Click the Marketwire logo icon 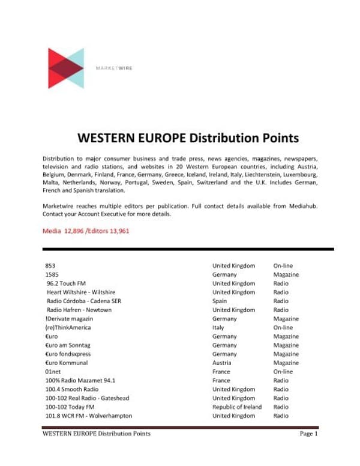click(x=65, y=68)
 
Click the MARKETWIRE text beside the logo click(x=114, y=68)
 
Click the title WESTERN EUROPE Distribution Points click(x=188, y=138)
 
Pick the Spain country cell click(x=220, y=301)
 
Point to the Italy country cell click(x=218, y=327)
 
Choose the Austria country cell click(x=221, y=363)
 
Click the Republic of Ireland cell click(x=237, y=407)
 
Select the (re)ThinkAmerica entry click(x=68, y=327)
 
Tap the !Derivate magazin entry click(x=69, y=319)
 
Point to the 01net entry click(x=53, y=372)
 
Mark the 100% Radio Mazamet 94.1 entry click(x=80, y=380)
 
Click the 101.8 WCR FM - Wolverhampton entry click(x=89, y=416)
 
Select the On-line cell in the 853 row click(x=283, y=265)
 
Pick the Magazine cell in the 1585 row click(x=286, y=274)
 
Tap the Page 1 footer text click(x=308, y=434)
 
